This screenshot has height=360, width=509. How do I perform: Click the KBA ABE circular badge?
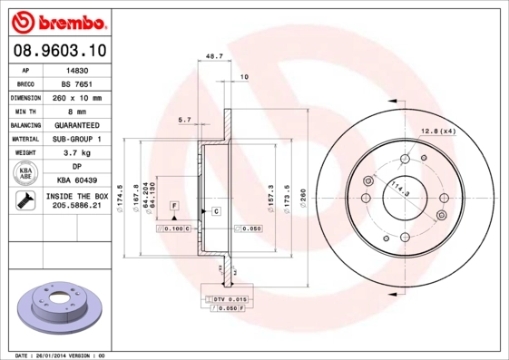[x=25, y=174]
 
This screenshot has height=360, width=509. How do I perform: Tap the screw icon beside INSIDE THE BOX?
[x=25, y=201]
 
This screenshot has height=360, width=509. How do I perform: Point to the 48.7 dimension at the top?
[x=215, y=56]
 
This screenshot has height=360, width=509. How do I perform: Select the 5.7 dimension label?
[x=185, y=120]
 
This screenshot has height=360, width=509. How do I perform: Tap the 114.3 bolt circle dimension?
[x=397, y=190]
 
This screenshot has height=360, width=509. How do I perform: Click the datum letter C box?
[x=217, y=211]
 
